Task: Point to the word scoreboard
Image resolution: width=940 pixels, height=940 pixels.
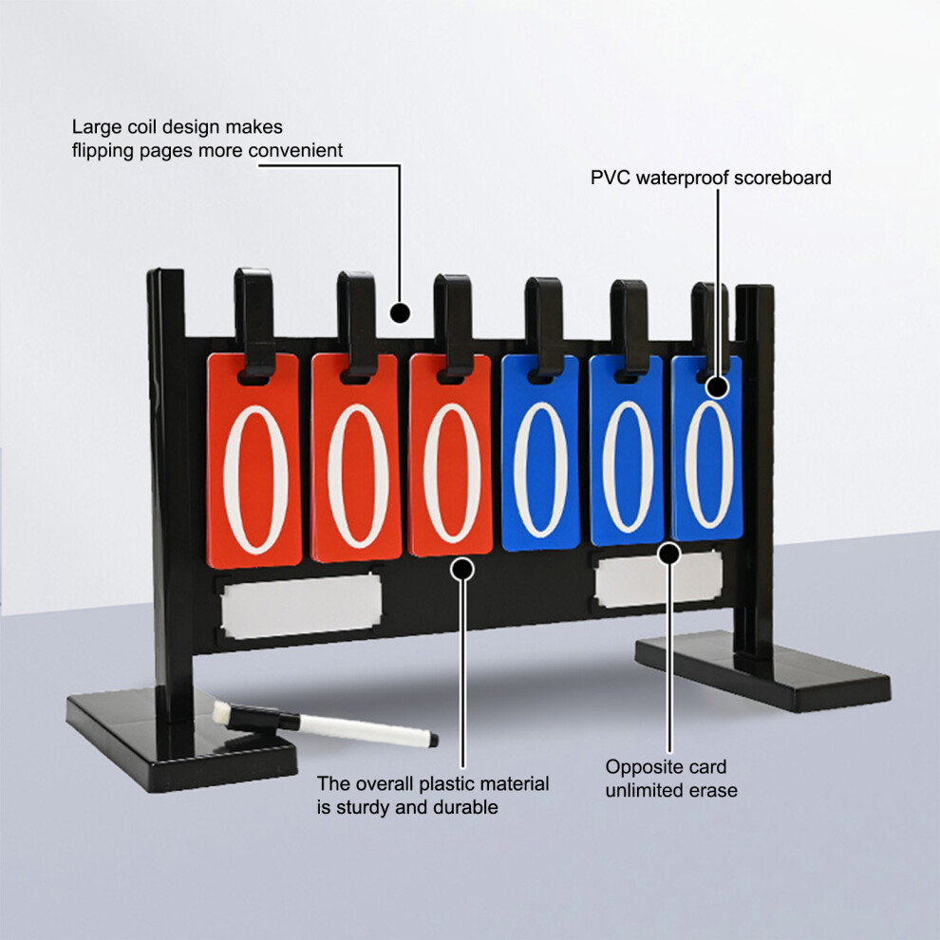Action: click(782, 179)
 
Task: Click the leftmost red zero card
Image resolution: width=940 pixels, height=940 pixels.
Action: click(254, 461)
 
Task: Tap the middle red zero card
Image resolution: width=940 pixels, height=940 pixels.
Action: click(356, 458)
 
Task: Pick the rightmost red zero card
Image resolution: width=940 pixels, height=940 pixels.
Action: click(450, 455)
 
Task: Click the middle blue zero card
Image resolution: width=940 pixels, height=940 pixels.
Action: click(627, 450)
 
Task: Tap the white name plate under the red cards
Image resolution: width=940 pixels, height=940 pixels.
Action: click(302, 606)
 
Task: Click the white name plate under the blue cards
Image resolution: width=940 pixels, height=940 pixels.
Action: click(659, 578)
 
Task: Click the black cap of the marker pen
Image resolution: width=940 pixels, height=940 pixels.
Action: click(263, 718)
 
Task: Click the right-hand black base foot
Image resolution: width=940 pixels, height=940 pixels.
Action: click(762, 673)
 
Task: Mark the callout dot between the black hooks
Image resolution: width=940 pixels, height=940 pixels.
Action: click(400, 313)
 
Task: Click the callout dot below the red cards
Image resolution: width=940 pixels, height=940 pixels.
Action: click(462, 569)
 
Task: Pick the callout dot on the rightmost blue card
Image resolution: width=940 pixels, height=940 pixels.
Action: click(718, 387)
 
